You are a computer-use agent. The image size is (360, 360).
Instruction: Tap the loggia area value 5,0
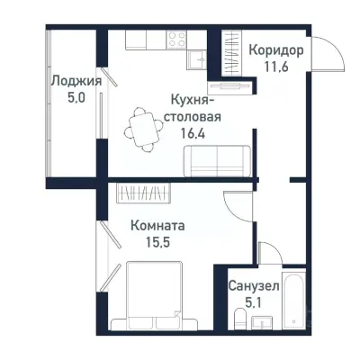pyautogui.click(x=75, y=97)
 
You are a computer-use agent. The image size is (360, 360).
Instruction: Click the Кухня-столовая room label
pyautogui.click(x=192, y=108)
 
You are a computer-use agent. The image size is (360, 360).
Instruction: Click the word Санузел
pyautogui.click(x=254, y=285)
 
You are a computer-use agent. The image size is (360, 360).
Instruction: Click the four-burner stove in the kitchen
pyautogui.click(x=175, y=40)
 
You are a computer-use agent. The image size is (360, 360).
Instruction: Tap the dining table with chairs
pyautogui.click(x=141, y=125)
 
